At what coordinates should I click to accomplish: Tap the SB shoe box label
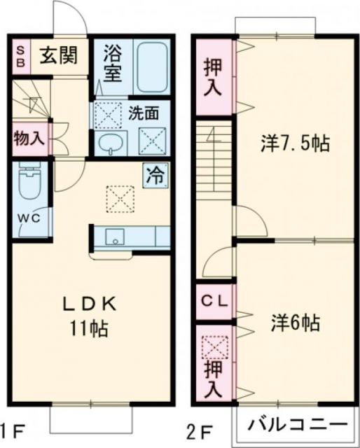pyautogui.click(x=21, y=55)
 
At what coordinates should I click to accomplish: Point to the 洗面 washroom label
pyautogui.click(x=142, y=111)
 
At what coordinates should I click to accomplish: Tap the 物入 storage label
pyautogui.click(x=29, y=137)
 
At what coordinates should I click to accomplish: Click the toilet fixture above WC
pyautogui.click(x=29, y=184)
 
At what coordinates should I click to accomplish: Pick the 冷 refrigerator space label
pyautogui.click(x=155, y=174)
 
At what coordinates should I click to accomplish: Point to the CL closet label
pyautogui.click(x=215, y=302)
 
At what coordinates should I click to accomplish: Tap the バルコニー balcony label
pyautogui.click(x=298, y=425)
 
